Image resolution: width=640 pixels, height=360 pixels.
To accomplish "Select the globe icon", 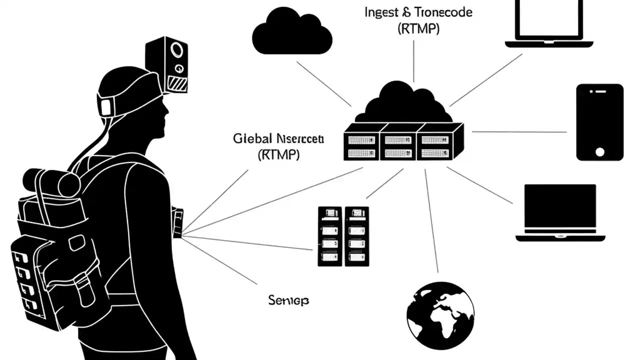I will [440, 315].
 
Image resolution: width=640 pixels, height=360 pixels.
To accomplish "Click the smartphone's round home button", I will [600, 151].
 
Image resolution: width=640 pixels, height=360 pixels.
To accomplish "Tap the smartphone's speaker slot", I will [599, 92].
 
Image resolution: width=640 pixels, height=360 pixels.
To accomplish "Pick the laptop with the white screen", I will [549, 22].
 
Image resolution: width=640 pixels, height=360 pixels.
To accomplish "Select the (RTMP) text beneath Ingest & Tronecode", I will [418, 29].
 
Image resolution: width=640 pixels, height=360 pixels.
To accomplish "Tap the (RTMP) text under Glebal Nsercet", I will [278, 155].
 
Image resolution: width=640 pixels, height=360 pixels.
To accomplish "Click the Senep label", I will [288, 300].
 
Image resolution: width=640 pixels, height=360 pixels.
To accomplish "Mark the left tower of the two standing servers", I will [330, 236].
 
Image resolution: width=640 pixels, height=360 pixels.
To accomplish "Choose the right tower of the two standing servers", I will [357, 236].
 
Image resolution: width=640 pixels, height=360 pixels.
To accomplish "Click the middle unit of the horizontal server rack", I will [398, 142].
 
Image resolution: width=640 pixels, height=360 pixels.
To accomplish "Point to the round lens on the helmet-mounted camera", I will [177, 50].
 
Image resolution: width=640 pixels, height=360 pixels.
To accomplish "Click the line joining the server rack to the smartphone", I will [520, 132].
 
